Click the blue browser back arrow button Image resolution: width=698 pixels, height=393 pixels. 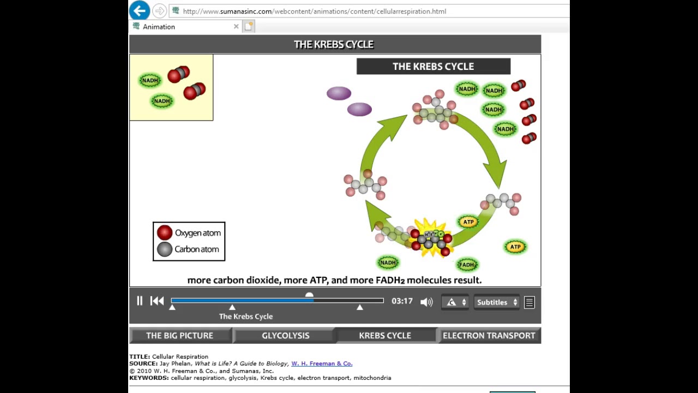[x=140, y=10]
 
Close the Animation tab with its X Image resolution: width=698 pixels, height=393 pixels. [x=236, y=26]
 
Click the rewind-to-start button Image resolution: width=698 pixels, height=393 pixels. [x=157, y=301]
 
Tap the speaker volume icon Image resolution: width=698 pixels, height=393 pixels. [x=426, y=302]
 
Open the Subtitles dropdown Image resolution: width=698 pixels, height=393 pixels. [x=497, y=302]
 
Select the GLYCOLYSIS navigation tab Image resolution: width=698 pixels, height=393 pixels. [x=285, y=335]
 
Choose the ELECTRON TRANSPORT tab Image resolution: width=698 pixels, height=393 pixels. [x=489, y=335]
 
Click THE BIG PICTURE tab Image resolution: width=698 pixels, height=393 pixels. [x=179, y=335]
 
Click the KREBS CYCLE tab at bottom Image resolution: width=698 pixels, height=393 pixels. [x=385, y=335]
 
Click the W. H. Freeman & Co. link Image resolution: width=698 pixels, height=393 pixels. [x=322, y=364]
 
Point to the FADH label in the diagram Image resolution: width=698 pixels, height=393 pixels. [x=467, y=265]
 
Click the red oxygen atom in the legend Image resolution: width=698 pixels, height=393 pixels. [x=165, y=233]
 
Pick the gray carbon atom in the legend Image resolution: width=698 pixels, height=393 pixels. [x=165, y=249]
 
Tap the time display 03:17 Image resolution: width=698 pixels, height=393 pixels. [x=402, y=301]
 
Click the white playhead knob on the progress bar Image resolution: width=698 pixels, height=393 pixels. [x=309, y=295]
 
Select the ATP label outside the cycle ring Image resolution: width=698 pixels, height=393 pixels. [x=515, y=247]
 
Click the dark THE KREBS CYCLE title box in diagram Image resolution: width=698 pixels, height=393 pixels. [x=434, y=67]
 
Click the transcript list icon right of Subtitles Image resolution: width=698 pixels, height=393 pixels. [x=529, y=302]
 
